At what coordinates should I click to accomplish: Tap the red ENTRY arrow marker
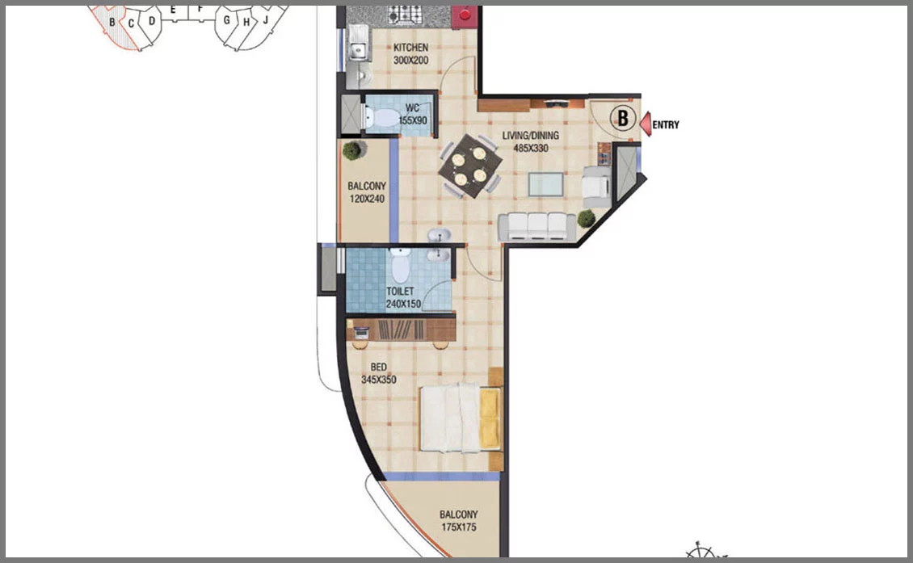645,124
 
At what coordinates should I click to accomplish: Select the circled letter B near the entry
622,118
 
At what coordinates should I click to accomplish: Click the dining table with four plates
469,166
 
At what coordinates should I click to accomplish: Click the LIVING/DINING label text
531,136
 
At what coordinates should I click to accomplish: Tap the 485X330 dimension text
531,149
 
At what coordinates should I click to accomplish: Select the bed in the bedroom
461,417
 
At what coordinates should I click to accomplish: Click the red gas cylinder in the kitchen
465,15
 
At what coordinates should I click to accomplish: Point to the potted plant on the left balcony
351,150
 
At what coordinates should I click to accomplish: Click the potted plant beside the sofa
587,218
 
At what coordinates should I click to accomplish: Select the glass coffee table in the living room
545,184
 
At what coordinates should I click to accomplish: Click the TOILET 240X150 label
403,297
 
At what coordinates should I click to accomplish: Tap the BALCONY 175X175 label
459,520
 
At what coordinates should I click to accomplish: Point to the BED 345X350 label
378,373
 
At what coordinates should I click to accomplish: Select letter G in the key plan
226,20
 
